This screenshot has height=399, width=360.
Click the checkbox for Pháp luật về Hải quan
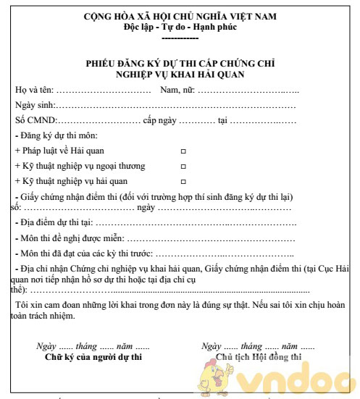tap(183, 151)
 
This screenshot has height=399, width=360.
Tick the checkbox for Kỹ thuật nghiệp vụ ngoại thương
tap(183, 166)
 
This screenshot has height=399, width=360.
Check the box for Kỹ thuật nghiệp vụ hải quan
tap(183, 181)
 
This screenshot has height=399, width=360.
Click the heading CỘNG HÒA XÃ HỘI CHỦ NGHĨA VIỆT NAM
tap(180, 16)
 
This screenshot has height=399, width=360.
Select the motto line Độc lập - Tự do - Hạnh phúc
tap(180, 27)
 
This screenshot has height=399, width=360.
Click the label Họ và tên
tap(33, 90)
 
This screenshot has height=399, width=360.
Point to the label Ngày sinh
tap(35, 105)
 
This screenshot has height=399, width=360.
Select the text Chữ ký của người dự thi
tap(93, 357)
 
